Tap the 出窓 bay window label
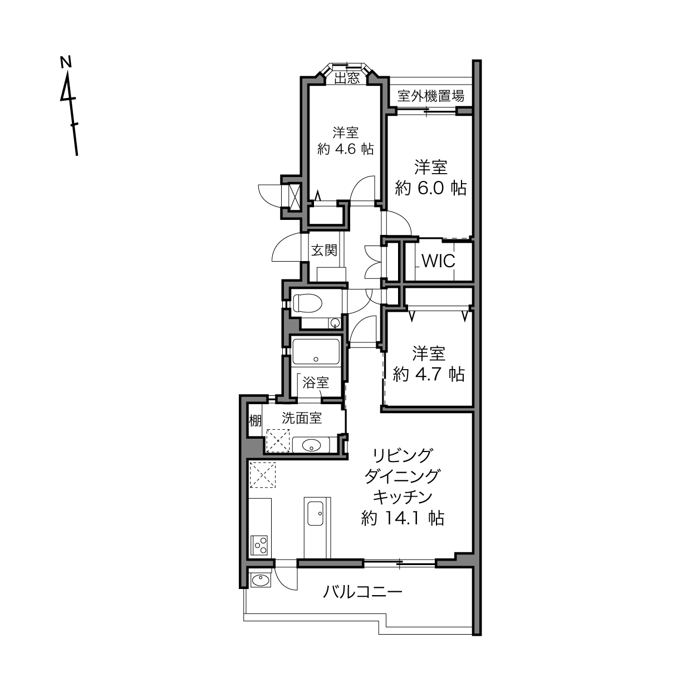click(x=346, y=78)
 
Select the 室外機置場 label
click(x=430, y=96)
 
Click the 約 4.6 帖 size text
click(x=345, y=149)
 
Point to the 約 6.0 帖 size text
click(x=430, y=188)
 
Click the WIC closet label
click(x=438, y=261)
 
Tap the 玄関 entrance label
click(x=325, y=250)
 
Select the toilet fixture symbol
click(x=307, y=303)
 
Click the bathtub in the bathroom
click(x=316, y=351)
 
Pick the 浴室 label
click(x=316, y=382)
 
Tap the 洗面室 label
click(x=302, y=418)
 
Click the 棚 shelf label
click(x=255, y=421)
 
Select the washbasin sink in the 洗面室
click(x=311, y=445)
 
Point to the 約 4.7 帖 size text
click(x=429, y=374)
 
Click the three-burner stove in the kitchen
click(x=259, y=546)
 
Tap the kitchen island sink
click(x=316, y=514)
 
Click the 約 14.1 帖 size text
click(x=403, y=518)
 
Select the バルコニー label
click(x=362, y=592)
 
